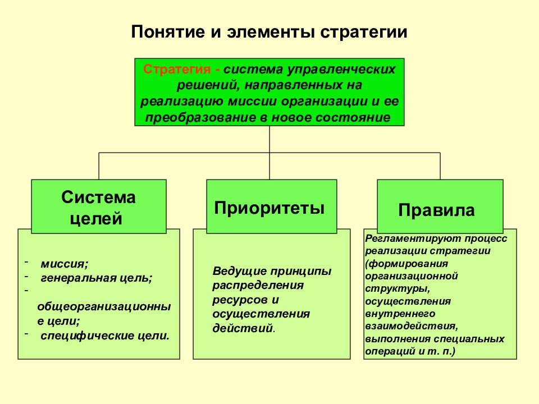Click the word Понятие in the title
(x=167, y=32)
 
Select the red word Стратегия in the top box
(x=177, y=70)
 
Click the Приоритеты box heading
(x=269, y=208)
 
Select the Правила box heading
(x=437, y=210)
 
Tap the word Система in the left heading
(x=98, y=197)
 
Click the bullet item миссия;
(x=64, y=264)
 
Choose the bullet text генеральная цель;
(x=96, y=278)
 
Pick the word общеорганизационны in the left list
(x=104, y=306)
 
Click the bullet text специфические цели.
(x=105, y=336)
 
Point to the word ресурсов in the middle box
(x=241, y=300)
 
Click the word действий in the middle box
(x=243, y=328)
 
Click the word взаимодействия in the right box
(x=411, y=327)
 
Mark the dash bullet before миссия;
(x=26, y=262)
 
